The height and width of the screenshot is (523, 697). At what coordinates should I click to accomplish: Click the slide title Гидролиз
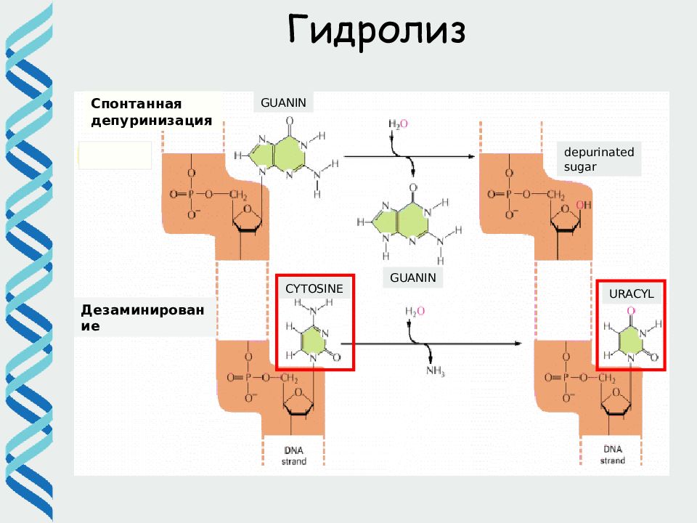[x=377, y=31]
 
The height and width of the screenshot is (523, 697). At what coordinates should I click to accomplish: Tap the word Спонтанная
[x=136, y=104]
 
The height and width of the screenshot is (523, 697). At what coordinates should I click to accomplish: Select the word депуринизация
[x=152, y=121]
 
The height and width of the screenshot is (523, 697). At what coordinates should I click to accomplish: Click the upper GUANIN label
[x=283, y=102]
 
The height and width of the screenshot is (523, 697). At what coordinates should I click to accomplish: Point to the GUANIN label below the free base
[x=413, y=277]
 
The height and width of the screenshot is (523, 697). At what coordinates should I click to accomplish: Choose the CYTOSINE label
[x=314, y=288]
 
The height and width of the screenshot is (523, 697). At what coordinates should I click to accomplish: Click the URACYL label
[x=631, y=294]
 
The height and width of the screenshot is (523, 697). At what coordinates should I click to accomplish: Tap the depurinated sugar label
[x=599, y=159]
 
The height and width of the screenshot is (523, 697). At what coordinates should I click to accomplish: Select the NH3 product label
[x=436, y=370]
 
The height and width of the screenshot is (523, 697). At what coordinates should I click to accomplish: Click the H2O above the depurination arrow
[x=398, y=123]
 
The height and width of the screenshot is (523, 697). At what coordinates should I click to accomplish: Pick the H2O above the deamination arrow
[x=415, y=311]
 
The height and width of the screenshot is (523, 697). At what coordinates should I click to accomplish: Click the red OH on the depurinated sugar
[x=584, y=205]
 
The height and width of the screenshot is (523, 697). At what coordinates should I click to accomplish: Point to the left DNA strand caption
[x=294, y=455]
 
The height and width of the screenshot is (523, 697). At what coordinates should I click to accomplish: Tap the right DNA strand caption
[x=613, y=455]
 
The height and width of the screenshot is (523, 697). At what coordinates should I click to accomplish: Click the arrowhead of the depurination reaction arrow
[x=472, y=157]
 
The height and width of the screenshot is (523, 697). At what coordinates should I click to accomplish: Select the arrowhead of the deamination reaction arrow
[x=518, y=344]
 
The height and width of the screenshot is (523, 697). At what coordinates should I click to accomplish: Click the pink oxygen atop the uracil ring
[x=631, y=310]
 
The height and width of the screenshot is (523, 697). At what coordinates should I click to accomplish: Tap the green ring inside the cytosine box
[x=314, y=341]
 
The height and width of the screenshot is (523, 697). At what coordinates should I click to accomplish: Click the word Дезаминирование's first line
[x=142, y=310]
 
